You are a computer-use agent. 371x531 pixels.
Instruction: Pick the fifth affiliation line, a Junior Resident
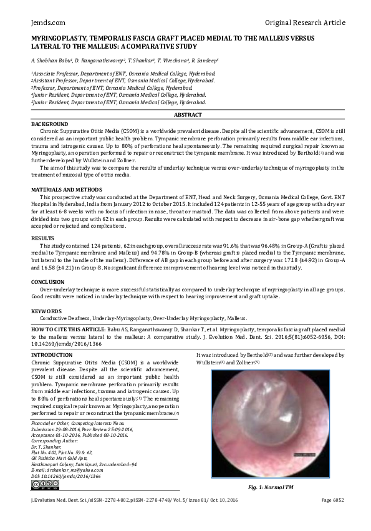click(x=118, y=102)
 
